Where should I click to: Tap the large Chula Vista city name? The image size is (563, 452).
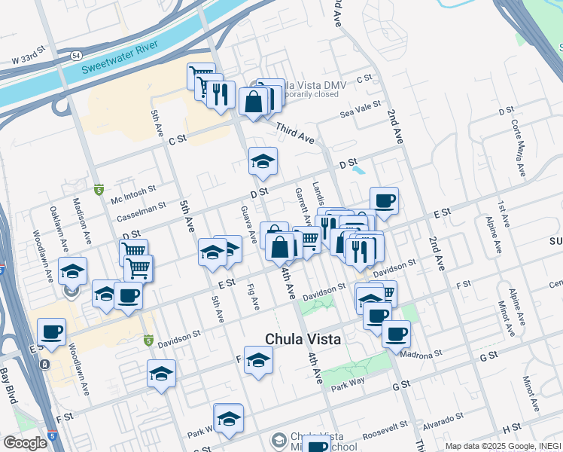pos(302,340)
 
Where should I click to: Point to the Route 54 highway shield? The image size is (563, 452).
pos(77,56)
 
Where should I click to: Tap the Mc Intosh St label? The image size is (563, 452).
pos(132,191)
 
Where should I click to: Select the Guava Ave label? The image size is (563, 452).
pos(247,224)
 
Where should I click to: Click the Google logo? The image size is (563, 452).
pos(26,443)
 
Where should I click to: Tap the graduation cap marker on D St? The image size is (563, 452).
pos(263,161)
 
